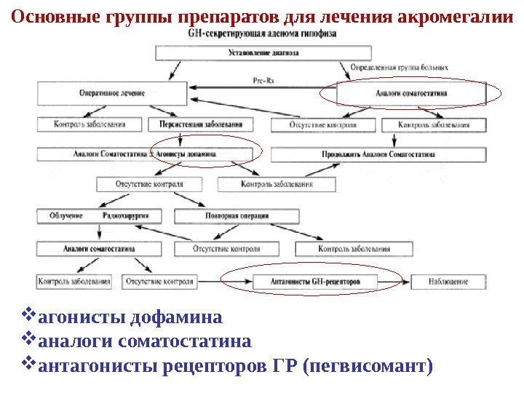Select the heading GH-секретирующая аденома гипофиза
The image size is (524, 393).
[x=262, y=34]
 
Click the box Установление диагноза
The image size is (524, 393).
[x=262, y=53]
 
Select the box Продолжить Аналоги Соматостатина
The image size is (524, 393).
[x=378, y=154]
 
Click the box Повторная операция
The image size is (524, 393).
[x=237, y=216]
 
